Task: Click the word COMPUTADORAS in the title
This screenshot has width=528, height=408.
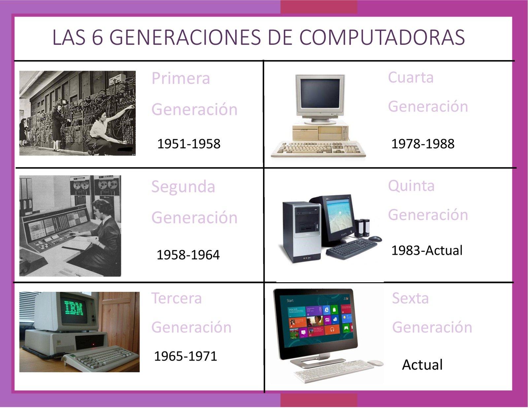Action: [x=382, y=37]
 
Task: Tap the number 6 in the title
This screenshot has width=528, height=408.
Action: [x=97, y=37]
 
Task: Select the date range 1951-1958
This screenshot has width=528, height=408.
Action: [x=188, y=144]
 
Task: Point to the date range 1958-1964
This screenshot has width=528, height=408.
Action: [x=188, y=255]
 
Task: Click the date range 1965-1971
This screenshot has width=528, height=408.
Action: [x=185, y=356]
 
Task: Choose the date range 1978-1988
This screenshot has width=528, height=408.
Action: [x=423, y=144]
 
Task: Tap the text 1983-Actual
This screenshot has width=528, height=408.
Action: [x=427, y=250]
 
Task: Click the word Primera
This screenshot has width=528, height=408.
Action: [x=181, y=79]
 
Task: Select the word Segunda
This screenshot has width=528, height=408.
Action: [x=183, y=187]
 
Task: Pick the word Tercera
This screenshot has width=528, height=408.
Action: [x=177, y=298]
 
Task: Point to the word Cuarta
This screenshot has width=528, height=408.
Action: [x=411, y=78]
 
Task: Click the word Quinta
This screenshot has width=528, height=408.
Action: [x=411, y=186]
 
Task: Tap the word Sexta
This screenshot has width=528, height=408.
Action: [x=410, y=298]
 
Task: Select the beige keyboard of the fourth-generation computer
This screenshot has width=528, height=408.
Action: [x=318, y=150]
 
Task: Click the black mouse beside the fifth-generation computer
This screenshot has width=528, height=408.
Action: [x=375, y=238]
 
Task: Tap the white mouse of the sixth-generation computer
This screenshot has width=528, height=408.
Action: [x=375, y=363]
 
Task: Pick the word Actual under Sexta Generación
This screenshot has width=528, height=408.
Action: [x=422, y=365]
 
